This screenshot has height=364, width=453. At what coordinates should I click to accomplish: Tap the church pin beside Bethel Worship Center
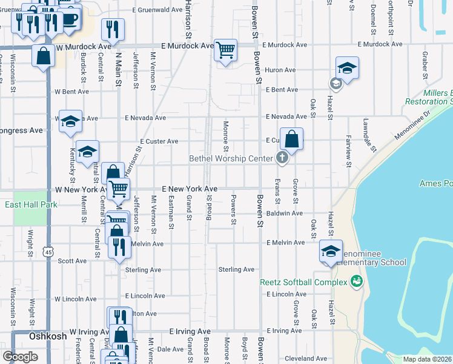tap(282, 158)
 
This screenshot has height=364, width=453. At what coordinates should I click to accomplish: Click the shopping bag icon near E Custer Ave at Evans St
tap(291, 139)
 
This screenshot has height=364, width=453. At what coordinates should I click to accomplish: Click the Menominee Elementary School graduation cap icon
tap(331, 252)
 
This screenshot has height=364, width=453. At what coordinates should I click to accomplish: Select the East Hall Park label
tap(31, 205)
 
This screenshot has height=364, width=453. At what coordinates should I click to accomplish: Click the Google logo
tap(20, 357)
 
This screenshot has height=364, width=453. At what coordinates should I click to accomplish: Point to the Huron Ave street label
tap(281, 70)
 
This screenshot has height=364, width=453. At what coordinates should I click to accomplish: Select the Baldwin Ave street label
tap(285, 214)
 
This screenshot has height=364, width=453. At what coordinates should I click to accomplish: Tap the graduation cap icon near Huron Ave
tap(347, 68)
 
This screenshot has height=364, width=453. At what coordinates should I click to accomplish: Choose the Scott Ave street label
tap(73, 261)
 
